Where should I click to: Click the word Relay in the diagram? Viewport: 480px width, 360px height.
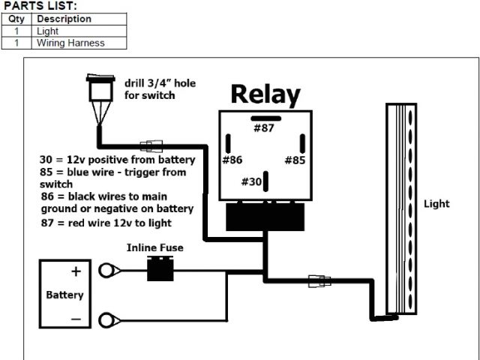tap(265, 94)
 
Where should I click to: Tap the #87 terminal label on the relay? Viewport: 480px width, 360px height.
tap(264, 128)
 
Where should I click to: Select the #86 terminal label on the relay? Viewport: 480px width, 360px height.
tap(232, 160)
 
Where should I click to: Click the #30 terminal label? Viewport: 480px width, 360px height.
tap(253, 181)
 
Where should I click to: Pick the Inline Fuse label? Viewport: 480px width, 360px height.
tap(154, 247)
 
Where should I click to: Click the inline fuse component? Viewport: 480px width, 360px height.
tap(159, 268)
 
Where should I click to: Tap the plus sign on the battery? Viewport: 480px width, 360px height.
tap(76, 271)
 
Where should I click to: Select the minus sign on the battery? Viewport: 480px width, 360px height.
tap(76, 318)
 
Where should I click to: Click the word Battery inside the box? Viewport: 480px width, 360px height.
tap(64, 295)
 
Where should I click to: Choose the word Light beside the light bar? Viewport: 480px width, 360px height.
tap(436, 203)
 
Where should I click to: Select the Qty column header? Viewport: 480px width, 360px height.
tap(17, 19)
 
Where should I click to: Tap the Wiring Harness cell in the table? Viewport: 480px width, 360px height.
tap(70, 43)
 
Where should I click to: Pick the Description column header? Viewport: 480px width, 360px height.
tap(64, 19)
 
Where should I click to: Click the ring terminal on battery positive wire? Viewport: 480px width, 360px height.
tap(111, 270)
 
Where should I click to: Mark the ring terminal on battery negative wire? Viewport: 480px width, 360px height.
tap(111, 318)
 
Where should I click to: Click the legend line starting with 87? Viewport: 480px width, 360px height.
tap(107, 223)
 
